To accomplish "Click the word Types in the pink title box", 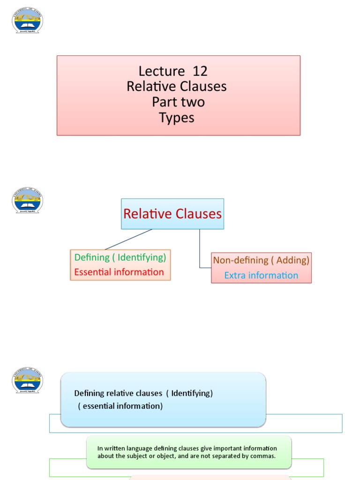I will pyautogui.click(x=177, y=118).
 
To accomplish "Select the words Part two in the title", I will pyautogui.click(x=178, y=102).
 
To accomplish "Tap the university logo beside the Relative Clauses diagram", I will pyautogui.click(x=27, y=201).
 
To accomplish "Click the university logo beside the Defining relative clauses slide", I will pyautogui.click(x=27, y=380).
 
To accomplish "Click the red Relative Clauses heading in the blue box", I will pyautogui.click(x=172, y=214).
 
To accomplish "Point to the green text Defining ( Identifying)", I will pyautogui.click(x=120, y=257).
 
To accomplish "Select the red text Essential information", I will pyautogui.click(x=119, y=272).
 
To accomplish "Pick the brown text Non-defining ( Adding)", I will pyautogui.click(x=261, y=260).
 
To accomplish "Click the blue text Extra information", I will pyautogui.click(x=261, y=275).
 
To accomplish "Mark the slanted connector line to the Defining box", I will pyautogui.click(x=129, y=239).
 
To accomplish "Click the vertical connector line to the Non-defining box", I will pyautogui.click(x=200, y=248).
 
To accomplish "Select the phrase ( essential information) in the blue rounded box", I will pyautogui.click(x=120, y=406).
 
